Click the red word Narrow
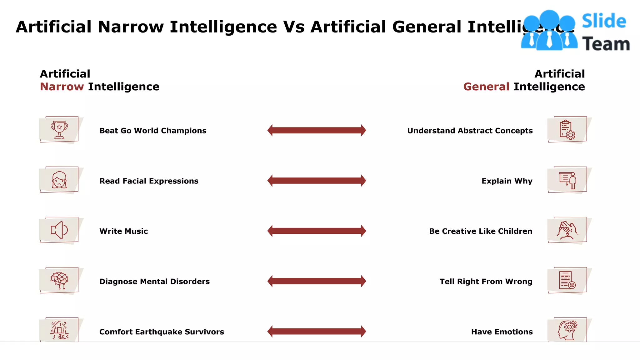(x=62, y=87)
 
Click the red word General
(x=486, y=87)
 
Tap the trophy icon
(x=59, y=130)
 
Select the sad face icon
(x=59, y=180)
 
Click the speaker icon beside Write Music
(x=59, y=230)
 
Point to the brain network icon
(x=59, y=280)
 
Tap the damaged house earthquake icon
(x=59, y=330)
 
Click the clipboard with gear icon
(x=567, y=130)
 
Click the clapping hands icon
(x=567, y=230)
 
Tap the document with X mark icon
(x=567, y=280)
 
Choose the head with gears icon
(x=567, y=330)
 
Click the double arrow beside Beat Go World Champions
(x=317, y=130)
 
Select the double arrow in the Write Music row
(x=317, y=231)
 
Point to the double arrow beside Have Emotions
(x=317, y=331)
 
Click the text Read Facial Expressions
(x=149, y=181)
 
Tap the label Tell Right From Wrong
(x=486, y=282)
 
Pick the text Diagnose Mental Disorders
(x=154, y=282)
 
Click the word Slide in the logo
(x=604, y=21)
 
